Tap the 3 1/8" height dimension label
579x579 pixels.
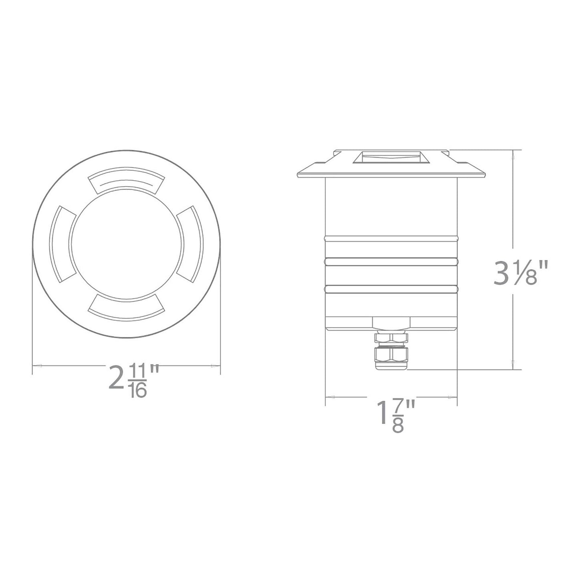520,272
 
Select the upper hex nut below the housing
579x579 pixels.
391,338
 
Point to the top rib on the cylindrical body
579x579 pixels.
391,238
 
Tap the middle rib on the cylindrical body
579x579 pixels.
391,262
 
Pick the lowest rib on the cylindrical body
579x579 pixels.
391,288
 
